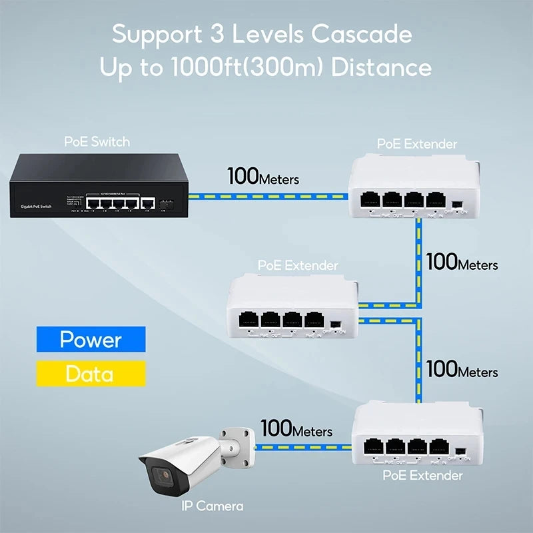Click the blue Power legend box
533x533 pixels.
point(91,339)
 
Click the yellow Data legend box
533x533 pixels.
point(91,374)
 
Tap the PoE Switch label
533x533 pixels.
point(97,141)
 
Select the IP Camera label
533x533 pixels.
point(212,506)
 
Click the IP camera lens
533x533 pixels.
point(160,476)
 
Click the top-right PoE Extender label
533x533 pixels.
point(417,143)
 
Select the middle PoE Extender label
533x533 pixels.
point(298,265)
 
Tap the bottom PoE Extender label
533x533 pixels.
point(422,476)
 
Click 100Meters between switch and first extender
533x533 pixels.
point(263,177)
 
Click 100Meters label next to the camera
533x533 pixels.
point(296,429)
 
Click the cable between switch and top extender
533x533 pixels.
point(266,196)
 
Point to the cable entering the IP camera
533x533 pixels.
point(300,447)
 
